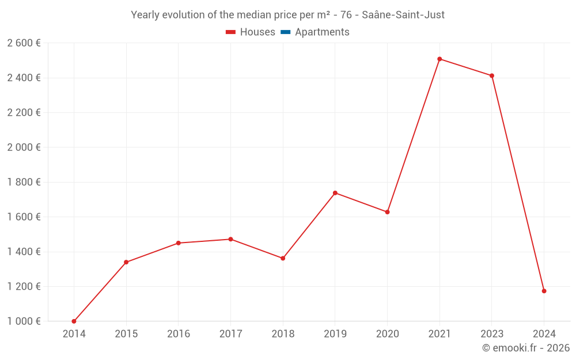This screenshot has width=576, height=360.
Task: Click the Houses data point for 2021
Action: (439, 59)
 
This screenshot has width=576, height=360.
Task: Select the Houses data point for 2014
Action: (74, 321)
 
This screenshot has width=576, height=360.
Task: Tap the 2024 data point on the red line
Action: (544, 291)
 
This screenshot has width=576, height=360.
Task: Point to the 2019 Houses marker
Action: (335, 193)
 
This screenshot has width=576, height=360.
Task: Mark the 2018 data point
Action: (283, 258)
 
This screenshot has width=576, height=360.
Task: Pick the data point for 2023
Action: (492, 75)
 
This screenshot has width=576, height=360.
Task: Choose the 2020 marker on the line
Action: (387, 212)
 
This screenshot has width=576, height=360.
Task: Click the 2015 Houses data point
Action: (126, 262)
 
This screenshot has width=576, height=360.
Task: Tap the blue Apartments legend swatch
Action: (285, 32)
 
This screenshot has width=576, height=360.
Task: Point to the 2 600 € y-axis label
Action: (24, 43)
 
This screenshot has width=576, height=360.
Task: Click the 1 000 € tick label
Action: (24, 321)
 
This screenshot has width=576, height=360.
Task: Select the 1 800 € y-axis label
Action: (24, 182)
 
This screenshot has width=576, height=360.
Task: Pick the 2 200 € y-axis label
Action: (24, 112)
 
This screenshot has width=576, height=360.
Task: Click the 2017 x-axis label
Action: (230, 334)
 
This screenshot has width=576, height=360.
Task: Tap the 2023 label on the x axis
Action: (492, 334)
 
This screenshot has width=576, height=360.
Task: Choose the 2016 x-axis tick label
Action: (178, 334)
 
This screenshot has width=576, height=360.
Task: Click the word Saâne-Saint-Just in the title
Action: (403, 15)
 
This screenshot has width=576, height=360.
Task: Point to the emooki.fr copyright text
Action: (526, 348)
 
